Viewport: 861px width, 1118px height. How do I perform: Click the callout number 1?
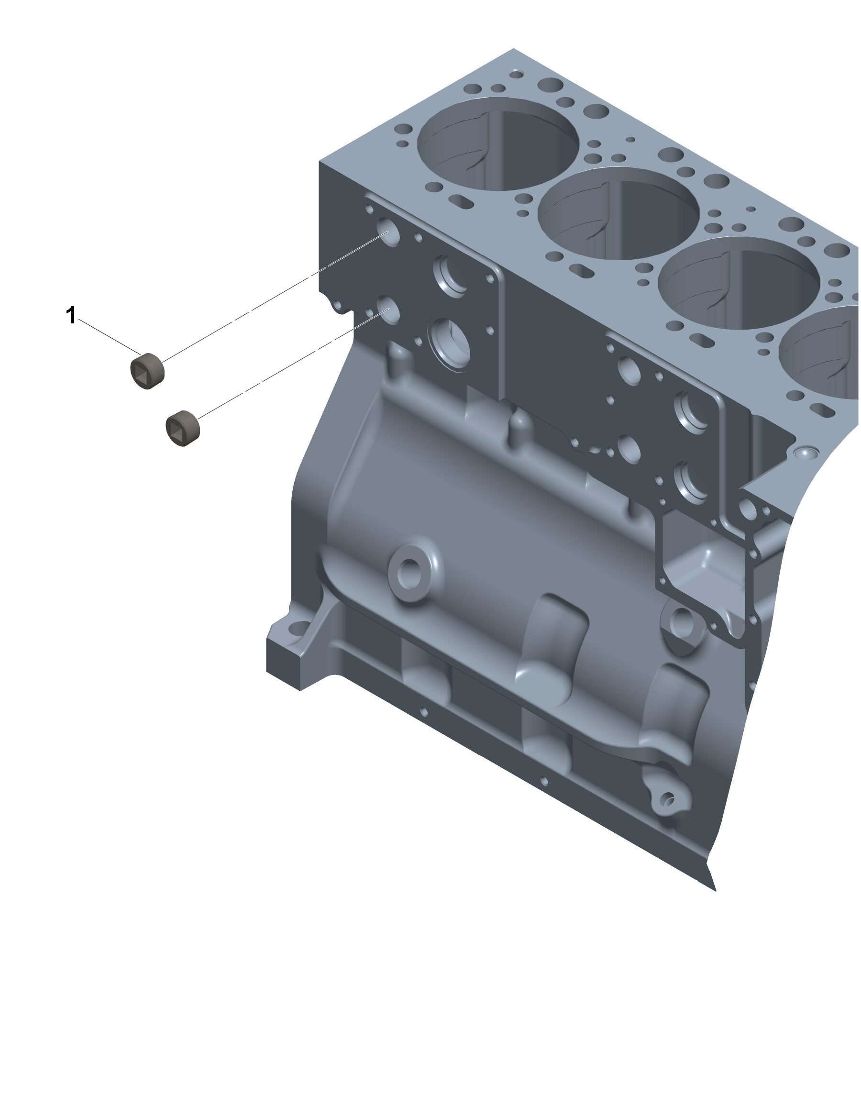click(71, 315)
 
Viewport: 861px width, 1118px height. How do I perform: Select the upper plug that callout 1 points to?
click(147, 370)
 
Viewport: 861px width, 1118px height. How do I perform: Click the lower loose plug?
click(183, 428)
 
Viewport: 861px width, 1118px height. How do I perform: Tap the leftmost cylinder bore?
click(498, 144)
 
